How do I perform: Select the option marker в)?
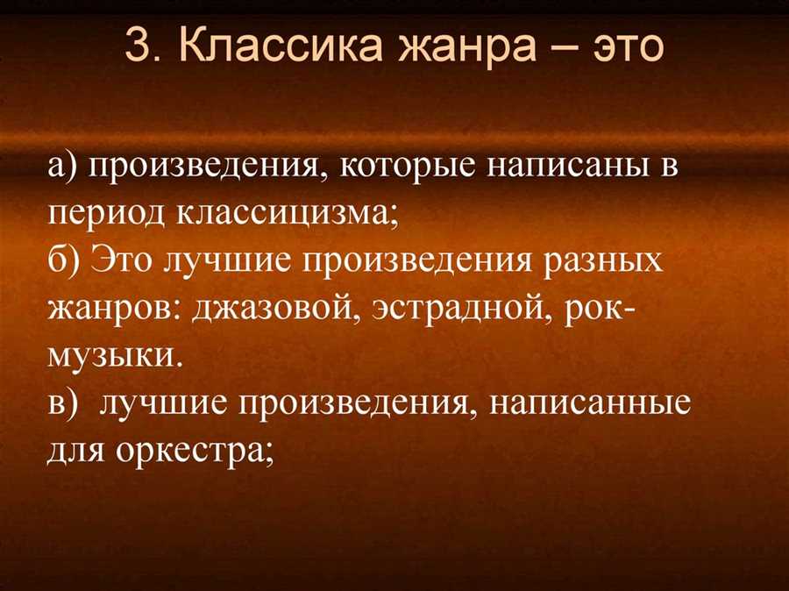point(62,403)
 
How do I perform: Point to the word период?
point(107,216)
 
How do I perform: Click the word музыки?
point(114,358)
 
